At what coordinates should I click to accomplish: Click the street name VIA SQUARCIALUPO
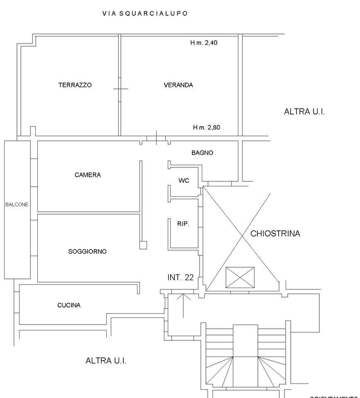point(145,13)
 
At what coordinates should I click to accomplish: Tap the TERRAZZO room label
point(75,85)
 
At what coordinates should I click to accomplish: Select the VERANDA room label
point(179,85)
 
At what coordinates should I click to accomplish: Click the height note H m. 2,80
point(206,127)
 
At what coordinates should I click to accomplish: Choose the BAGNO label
point(202,153)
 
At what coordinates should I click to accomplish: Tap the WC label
point(184,181)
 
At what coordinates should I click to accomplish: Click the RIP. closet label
point(183,224)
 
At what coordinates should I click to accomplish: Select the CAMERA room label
point(88,175)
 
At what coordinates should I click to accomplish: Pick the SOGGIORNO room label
point(88,251)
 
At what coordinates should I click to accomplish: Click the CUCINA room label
point(69,305)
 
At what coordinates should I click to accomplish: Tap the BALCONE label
point(17,205)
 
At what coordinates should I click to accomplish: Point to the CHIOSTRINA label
point(275,234)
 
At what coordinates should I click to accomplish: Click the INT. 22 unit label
point(180,278)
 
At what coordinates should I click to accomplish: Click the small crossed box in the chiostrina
point(240,277)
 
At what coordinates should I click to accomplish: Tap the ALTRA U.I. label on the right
point(304,112)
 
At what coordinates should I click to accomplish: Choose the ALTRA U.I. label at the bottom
point(106,361)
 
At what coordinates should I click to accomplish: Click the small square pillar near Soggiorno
point(143,245)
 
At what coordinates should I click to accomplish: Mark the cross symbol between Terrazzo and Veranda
point(120,88)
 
